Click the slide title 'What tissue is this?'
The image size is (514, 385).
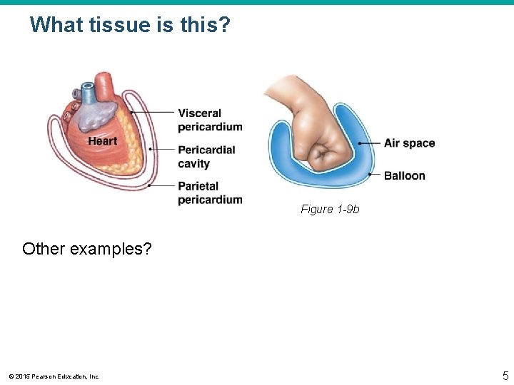[130, 25]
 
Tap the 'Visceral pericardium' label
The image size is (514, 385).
[210, 120]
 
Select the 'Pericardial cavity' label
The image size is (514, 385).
[206, 157]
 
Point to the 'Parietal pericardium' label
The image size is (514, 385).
[210, 192]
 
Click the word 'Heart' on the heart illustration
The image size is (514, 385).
[102, 141]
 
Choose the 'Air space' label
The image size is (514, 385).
[409, 143]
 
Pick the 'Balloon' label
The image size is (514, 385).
[404, 175]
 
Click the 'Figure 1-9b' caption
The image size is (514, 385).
[330, 209]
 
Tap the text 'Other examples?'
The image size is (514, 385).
[86, 249]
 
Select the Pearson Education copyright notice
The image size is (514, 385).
[54, 376]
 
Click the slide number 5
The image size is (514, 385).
[505, 374]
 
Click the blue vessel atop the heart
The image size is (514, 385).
[88, 93]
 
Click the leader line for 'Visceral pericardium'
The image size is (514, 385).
[153, 112]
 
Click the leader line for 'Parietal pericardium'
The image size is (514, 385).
[162, 185]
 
